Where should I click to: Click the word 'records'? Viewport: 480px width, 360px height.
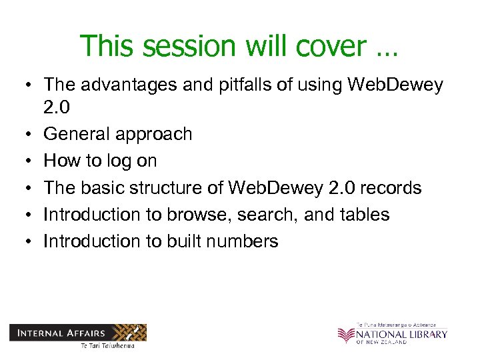coord(390,189)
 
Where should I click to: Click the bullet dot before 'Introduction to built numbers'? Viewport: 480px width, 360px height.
coord(23,242)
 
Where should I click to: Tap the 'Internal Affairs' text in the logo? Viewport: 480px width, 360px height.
coord(60,332)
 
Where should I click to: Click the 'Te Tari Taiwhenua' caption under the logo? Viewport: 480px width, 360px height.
coord(107,345)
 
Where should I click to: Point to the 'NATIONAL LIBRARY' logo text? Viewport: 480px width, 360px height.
coord(401,334)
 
